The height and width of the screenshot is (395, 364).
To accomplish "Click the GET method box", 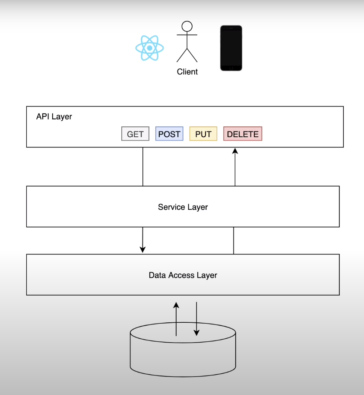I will [135, 134].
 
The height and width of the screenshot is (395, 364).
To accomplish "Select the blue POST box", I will [169, 134].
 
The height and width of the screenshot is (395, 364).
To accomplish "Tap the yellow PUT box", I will [203, 134].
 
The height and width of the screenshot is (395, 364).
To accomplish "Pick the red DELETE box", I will [243, 134].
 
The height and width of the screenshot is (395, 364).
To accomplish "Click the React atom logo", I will [149, 48].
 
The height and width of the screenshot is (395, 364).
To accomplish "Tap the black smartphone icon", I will [231, 48].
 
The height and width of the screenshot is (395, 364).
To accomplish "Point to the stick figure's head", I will [187, 26].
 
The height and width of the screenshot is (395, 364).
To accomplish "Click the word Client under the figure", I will [187, 72].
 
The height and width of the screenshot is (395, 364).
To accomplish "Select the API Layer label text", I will [54, 117].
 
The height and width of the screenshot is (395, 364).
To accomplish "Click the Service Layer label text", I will [183, 207].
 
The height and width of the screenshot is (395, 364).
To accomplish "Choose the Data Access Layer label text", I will [183, 275].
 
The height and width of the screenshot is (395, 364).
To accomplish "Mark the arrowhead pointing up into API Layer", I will [235, 151].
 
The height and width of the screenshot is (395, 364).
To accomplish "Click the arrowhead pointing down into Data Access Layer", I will [142, 250].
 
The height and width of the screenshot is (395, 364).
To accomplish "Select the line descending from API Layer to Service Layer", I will [142, 167].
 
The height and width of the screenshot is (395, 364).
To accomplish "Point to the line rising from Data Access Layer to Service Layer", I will [234, 241].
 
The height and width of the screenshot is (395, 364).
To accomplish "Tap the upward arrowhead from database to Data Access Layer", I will [176, 305].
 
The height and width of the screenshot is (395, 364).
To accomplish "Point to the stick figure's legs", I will [187, 55].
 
